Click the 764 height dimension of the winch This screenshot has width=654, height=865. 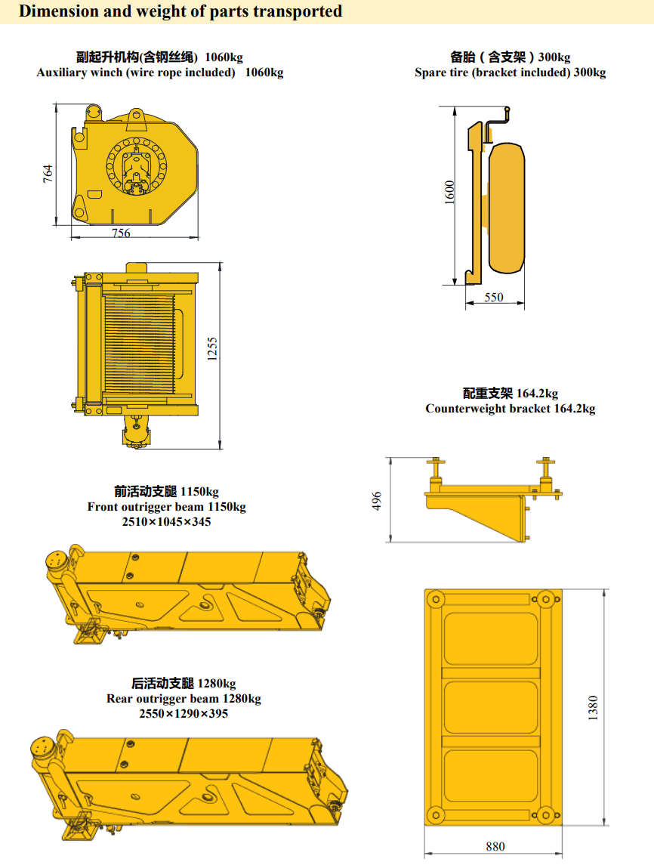48,174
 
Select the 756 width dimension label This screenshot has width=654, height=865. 122,233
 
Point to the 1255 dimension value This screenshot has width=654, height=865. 212,349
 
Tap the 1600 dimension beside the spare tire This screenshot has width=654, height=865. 450,192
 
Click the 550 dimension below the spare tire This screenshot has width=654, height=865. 494,298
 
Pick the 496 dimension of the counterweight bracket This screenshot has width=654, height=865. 377,501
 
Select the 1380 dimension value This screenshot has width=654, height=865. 593,708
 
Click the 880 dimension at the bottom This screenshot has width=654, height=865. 495,846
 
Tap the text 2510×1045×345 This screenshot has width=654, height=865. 167,521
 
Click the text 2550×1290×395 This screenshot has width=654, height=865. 184,713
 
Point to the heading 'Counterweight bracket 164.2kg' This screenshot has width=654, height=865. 510,408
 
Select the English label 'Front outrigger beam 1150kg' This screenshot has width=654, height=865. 167,506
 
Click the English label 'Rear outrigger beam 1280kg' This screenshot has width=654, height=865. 184,698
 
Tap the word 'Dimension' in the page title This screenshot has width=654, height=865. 52,11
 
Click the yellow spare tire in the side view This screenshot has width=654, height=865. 507,208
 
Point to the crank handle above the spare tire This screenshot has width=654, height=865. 498,119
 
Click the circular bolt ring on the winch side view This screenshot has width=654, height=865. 136,166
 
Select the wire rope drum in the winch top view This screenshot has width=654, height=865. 140,344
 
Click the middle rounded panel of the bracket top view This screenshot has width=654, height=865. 491,708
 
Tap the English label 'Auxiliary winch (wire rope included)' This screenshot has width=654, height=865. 136,73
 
